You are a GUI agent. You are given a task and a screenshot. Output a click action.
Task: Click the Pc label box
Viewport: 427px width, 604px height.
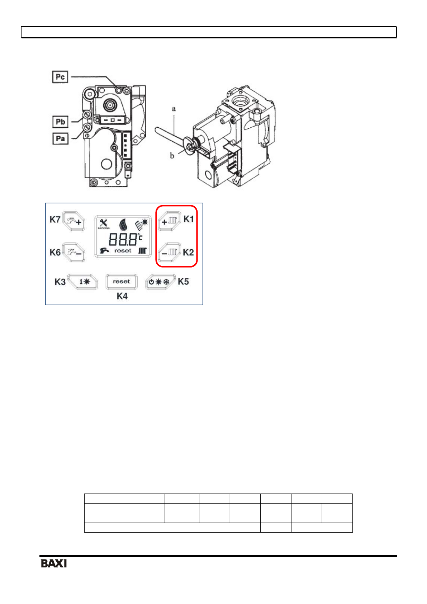[60, 77]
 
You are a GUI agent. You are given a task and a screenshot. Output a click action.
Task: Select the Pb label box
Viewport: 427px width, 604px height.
[60, 122]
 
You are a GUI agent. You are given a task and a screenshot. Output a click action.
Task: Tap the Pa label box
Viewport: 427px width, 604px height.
[60, 139]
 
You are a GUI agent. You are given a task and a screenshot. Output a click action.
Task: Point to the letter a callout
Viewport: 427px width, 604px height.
[174, 109]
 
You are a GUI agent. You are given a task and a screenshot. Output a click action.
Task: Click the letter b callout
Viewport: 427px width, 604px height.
[172, 156]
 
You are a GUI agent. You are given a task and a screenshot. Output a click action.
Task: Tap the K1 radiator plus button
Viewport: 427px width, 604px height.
[170, 221]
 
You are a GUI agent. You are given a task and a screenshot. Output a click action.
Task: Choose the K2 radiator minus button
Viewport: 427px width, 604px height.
[170, 253]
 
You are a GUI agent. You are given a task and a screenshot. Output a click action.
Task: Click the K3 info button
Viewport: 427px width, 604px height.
[82, 282]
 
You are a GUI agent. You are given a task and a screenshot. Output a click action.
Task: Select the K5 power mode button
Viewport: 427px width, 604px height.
[160, 282]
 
